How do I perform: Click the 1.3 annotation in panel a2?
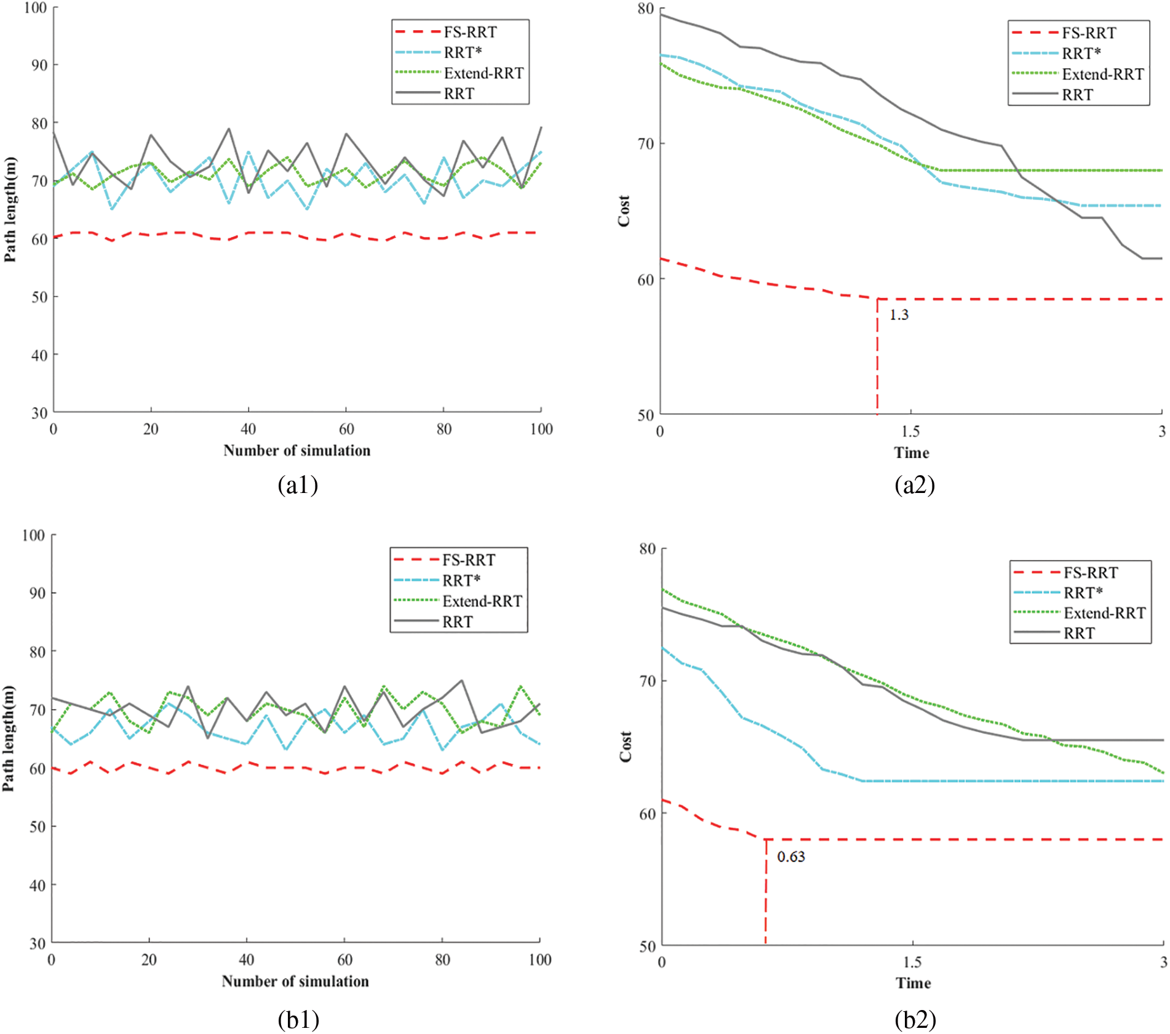(898, 315)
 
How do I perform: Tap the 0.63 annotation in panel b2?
(790, 857)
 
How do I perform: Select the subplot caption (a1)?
(298, 485)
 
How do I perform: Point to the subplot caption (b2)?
(915, 1019)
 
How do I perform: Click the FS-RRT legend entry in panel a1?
(470, 32)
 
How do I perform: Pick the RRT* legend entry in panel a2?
(1081, 54)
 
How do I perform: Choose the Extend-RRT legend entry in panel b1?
(482, 601)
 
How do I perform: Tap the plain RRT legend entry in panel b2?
(1079, 633)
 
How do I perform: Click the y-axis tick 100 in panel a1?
(36, 8)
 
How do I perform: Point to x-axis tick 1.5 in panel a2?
(910, 431)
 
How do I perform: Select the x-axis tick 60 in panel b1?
(344, 960)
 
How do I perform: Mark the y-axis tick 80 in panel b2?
(648, 548)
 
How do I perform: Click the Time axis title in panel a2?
(911, 453)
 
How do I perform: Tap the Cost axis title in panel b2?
(626, 747)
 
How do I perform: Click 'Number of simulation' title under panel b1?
(295, 981)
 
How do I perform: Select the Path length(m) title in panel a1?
(10, 209)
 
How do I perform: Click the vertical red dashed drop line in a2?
(877, 357)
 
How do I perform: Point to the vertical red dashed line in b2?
(766, 892)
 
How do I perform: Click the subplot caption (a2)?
(915, 485)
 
